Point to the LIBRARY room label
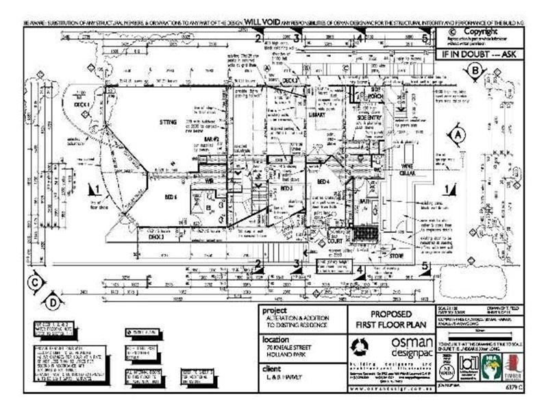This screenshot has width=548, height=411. coord(316,115)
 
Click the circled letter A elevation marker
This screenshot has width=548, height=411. coord(456,135)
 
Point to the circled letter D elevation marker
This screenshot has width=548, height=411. coord(53,299)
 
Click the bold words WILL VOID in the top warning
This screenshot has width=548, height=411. coord(257,23)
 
